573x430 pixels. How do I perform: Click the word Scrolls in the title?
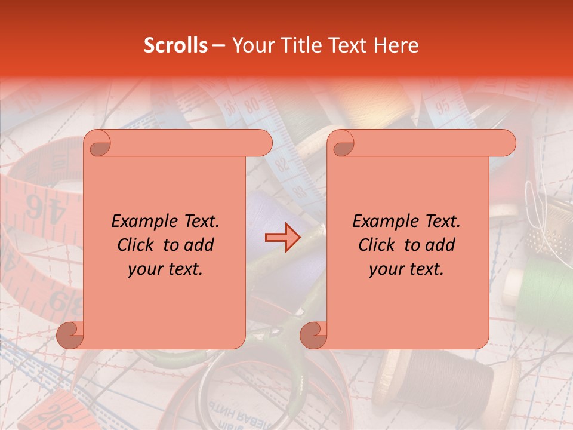point(175,45)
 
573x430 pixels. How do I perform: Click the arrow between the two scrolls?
point(281,238)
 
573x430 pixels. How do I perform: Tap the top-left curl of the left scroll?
point(98,143)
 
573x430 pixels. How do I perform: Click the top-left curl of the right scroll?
point(341,143)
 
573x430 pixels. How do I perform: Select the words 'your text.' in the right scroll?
point(406,269)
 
